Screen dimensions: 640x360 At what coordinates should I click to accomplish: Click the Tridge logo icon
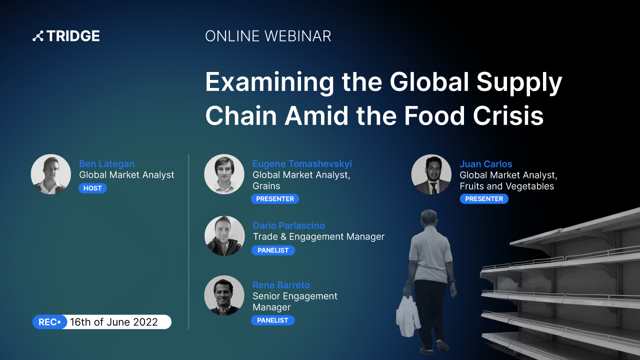38,36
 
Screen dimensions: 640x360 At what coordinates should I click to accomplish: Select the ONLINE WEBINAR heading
268,36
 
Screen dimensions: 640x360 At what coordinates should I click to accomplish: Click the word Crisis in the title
508,115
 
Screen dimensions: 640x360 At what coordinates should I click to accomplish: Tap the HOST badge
92,188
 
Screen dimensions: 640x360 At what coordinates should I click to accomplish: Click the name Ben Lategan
106,163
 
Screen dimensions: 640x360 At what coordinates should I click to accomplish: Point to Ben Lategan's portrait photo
51,174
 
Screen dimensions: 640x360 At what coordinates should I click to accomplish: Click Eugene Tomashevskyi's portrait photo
224,174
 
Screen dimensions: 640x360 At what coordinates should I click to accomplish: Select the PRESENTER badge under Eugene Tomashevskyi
275,199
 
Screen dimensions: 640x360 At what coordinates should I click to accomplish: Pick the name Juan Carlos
485,164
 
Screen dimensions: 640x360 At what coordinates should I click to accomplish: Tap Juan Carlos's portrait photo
431,174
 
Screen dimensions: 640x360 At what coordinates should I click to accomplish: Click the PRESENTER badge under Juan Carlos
484,199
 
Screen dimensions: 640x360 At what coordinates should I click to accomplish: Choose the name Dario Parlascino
289,225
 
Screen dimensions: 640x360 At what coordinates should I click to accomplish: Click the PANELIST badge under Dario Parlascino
273,250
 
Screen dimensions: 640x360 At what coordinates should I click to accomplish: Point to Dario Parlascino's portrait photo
224,235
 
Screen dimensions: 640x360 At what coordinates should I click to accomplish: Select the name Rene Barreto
281,285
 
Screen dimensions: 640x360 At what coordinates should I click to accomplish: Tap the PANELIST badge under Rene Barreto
272,320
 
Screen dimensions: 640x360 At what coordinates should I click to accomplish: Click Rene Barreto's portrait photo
224,295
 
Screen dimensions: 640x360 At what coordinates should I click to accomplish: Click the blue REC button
49,322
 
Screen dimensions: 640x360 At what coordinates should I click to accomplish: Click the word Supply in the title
519,82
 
